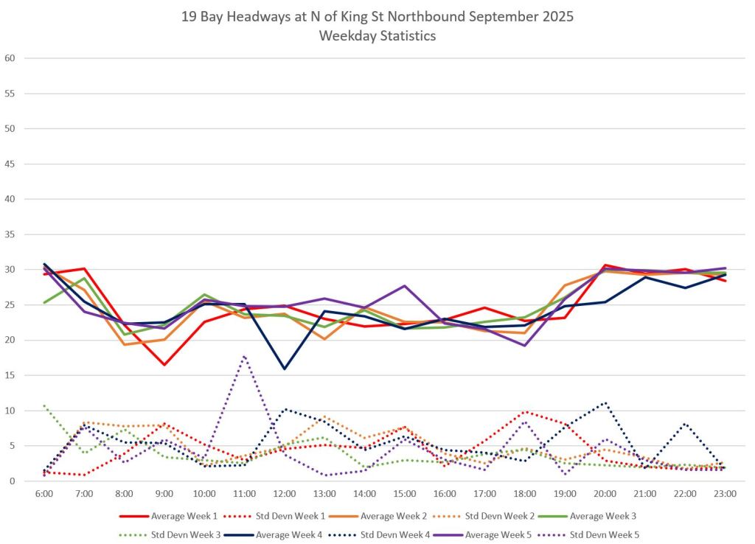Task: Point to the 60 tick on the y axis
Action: point(10,58)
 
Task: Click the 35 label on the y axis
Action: point(10,234)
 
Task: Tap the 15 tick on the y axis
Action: point(10,375)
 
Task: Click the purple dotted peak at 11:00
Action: point(244,356)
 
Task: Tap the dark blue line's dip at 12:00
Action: point(285,369)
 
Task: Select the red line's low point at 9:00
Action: point(164,365)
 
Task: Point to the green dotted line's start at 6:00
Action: point(44,405)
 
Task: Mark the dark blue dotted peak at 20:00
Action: point(605,402)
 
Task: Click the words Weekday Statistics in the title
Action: point(377,35)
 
